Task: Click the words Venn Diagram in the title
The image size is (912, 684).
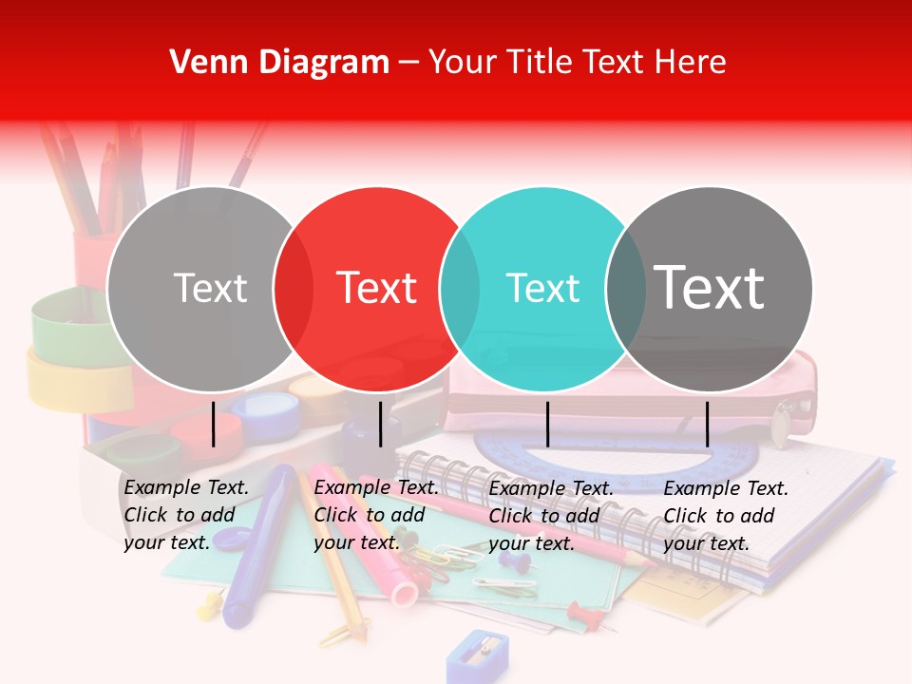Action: (279, 63)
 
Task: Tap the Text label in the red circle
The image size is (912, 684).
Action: (377, 288)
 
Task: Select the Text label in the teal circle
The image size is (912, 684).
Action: (542, 288)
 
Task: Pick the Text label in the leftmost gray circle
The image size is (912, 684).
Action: (210, 288)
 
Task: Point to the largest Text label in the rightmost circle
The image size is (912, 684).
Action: (710, 287)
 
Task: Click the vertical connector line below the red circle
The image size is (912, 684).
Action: (380, 424)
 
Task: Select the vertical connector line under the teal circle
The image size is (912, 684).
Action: (547, 424)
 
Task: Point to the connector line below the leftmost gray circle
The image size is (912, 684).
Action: (214, 424)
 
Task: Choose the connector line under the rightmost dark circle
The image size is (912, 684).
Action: (707, 424)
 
